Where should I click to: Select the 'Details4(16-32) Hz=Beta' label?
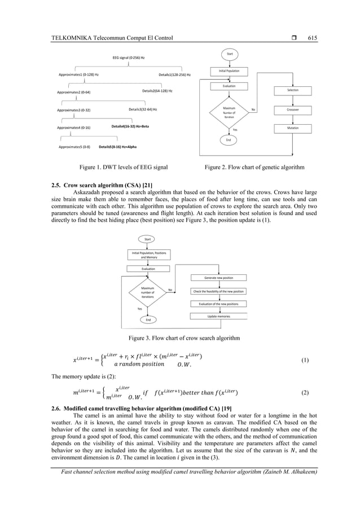(130, 127)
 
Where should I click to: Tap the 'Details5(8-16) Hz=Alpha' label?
(117, 147)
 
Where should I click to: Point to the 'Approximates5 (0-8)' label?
(74, 147)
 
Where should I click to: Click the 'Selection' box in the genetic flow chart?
(293, 90)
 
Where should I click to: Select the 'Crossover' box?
(293, 109)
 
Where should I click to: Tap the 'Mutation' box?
(293, 128)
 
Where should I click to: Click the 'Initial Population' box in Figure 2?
(229, 71)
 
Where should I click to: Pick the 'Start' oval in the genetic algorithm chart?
(230, 54)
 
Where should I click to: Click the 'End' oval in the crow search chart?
(148, 319)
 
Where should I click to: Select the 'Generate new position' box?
(217, 278)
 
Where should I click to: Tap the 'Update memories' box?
(217, 317)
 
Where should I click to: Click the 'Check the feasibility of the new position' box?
(218, 291)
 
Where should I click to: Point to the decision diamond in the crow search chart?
(147, 292)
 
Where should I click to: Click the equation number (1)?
(305, 359)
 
